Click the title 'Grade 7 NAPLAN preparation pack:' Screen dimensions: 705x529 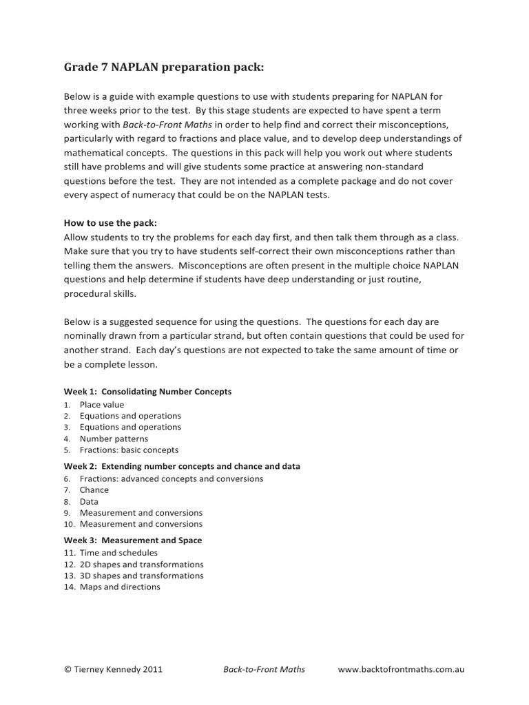click(x=163, y=67)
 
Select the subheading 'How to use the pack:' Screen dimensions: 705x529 click(x=110, y=223)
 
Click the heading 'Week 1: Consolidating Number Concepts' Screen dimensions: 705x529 click(x=147, y=391)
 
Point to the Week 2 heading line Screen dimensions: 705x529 click(x=182, y=466)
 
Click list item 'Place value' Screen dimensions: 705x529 click(x=102, y=405)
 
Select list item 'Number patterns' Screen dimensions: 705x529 click(x=114, y=439)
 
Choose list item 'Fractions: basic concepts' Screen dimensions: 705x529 click(x=129, y=450)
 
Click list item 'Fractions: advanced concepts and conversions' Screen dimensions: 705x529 click(x=172, y=478)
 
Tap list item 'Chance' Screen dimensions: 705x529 click(x=94, y=490)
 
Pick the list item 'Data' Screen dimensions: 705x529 click(x=89, y=502)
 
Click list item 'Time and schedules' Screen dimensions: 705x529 click(x=118, y=553)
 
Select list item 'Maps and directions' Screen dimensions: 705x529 click(x=120, y=587)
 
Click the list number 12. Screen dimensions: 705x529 click(x=69, y=564)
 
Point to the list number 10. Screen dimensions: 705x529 click(x=69, y=525)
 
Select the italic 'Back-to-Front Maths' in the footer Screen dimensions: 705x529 click(x=264, y=669)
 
